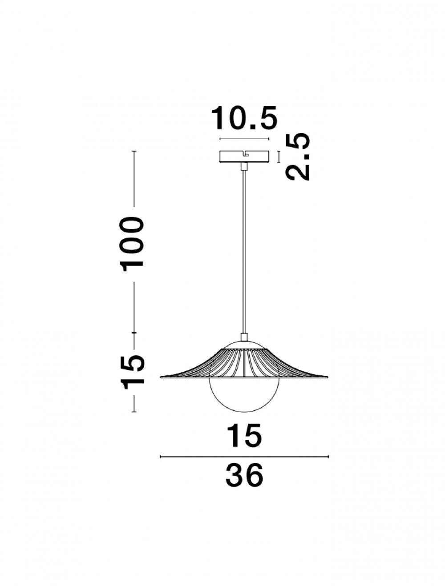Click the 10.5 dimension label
pyautogui.click(x=244, y=118)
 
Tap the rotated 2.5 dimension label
pyautogui.click(x=298, y=157)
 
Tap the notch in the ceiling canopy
pyautogui.click(x=246, y=153)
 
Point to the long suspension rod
pyautogui.click(x=244, y=252)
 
